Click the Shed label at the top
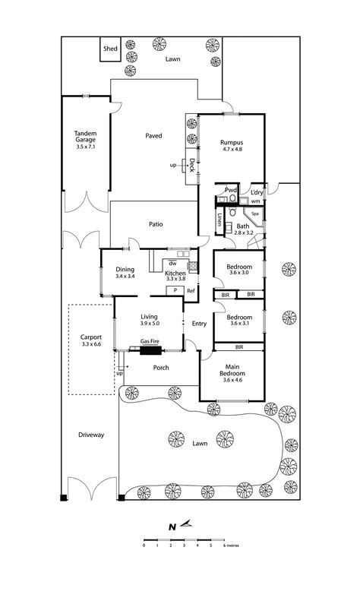pos(111,49)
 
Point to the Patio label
pos(156,224)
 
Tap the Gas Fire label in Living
pos(150,341)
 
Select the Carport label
pos(90,340)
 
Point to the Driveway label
pos(90,435)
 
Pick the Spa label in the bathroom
pos(255,215)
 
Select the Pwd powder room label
pos(230,190)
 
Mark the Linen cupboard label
pos(219,221)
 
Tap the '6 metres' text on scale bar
pos(232,546)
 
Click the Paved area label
pos(154,136)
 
